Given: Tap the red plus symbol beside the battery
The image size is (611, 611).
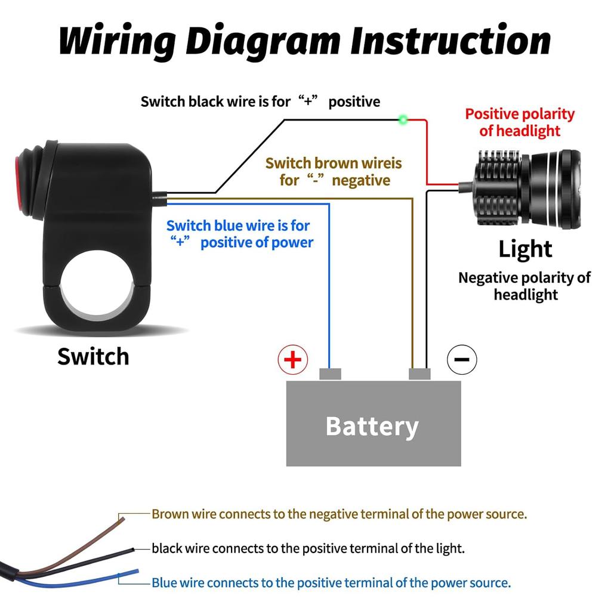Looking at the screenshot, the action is click(x=292, y=360).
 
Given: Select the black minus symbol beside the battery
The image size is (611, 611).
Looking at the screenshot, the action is click(x=462, y=359).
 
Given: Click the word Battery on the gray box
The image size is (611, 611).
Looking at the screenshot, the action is click(x=372, y=426).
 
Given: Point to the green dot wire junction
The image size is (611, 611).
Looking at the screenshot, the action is click(x=403, y=119).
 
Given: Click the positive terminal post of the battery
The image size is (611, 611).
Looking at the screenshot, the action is click(x=330, y=374).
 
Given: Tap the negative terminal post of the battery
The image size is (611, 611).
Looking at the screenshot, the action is click(x=419, y=374).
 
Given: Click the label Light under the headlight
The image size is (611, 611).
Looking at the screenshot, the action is click(x=525, y=249).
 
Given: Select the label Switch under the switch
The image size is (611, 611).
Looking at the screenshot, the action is click(x=93, y=356).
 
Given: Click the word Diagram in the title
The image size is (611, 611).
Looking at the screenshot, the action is click(x=264, y=41).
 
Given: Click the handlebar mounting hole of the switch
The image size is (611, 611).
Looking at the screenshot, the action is click(x=97, y=284).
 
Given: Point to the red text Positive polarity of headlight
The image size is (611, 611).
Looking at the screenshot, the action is click(x=520, y=122).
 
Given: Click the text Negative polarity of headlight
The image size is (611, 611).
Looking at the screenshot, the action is click(x=524, y=286).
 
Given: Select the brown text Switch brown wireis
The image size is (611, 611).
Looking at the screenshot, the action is click(x=334, y=163).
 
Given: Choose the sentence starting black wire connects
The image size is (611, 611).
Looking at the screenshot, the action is click(x=308, y=548).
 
